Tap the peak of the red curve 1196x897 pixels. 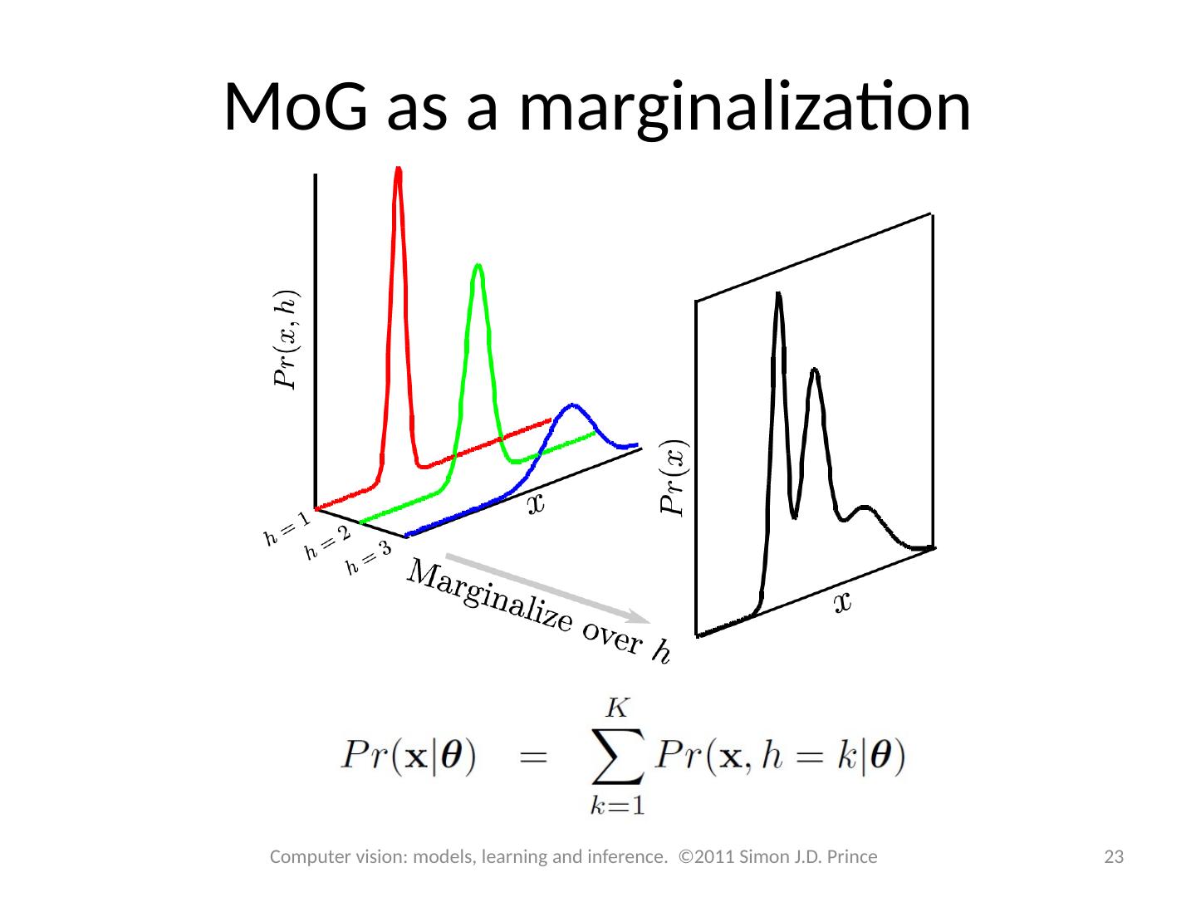coord(399,171)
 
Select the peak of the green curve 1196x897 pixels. coord(478,267)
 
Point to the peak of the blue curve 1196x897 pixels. coord(571,405)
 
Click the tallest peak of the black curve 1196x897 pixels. coord(778,295)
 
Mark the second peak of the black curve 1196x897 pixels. coord(815,370)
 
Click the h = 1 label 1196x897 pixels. coord(287,529)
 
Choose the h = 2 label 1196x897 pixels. coord(327,544)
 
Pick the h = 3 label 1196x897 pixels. coord(368,557)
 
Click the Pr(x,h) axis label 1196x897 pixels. coord(285,339)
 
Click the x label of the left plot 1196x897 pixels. coord(537,503)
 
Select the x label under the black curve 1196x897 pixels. coord(842,602)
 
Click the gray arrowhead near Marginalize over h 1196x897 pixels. coord(640,617)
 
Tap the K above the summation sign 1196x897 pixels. coord(618,708)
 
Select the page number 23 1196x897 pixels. coord(1113,857)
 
